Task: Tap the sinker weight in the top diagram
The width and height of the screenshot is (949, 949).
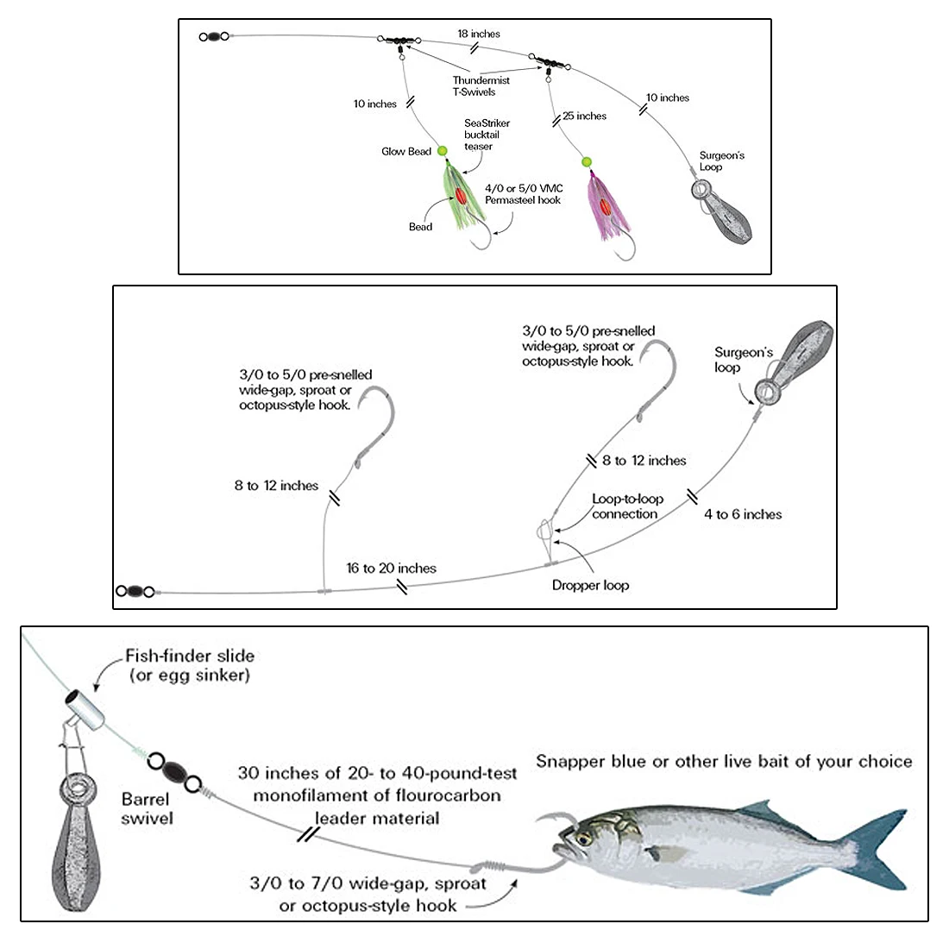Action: (x=725, y=210)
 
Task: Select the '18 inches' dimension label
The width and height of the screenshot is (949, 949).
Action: (x=479, y=34)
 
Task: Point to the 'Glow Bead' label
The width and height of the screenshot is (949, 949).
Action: (x=406, y=152)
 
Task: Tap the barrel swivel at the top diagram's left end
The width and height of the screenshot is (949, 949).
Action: (x=212, y=37)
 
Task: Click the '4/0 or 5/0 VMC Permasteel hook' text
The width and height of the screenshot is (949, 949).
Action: (x=523, y=193)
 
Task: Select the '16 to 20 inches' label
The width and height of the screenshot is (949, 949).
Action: (x=392, y=568)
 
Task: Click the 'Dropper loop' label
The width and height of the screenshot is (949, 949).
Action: (x=590, y=585)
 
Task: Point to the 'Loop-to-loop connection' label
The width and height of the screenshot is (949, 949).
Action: (x=627, y=506)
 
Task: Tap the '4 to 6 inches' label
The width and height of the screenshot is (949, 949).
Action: (x=743, y=514)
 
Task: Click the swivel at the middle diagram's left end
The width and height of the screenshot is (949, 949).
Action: (x=135, y=592)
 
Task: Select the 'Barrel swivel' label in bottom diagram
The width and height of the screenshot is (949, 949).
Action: (x=146, y=808)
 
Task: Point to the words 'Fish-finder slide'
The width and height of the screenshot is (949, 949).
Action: (x=190, y=656)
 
